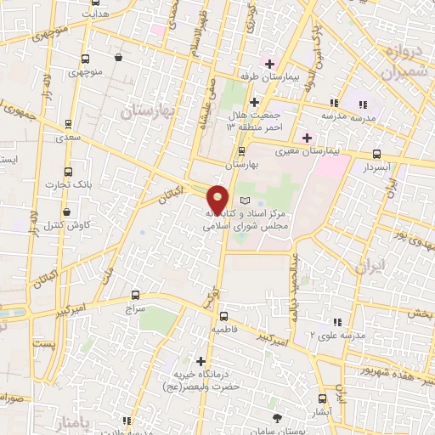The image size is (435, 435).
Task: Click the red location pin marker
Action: click(219, 199)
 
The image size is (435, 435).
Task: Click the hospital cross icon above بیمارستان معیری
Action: click(307, 138)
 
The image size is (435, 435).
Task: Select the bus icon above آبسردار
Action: click(376, 155)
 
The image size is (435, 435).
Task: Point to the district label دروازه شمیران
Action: click(393, 62)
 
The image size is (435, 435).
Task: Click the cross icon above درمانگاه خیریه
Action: click(201, 361)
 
